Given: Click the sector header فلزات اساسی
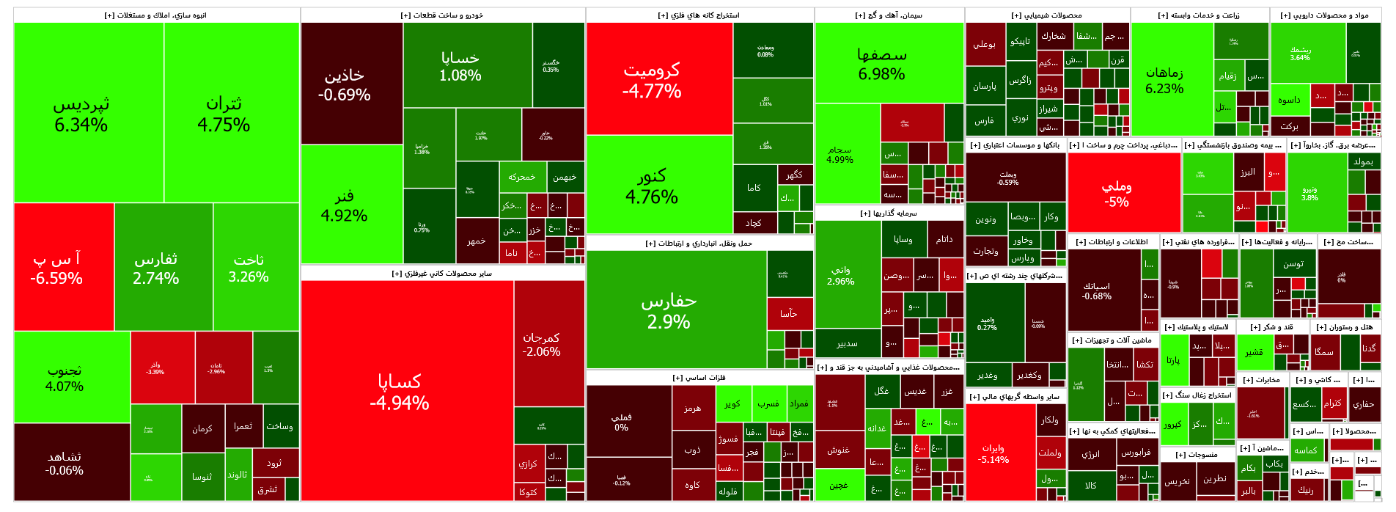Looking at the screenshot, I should pyautogui.click(x=699, y=378).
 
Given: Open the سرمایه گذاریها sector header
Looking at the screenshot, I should pyautogui.click(x=888, y=213).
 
